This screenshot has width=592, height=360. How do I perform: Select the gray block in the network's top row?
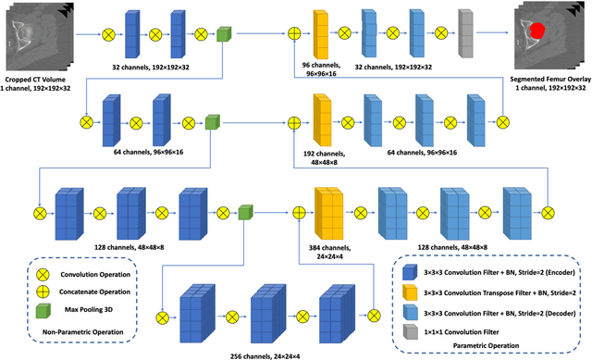pyautogui.click(x=465, y=33)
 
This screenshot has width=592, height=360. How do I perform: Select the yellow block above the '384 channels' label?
pyautogui.click(x=328, y=212)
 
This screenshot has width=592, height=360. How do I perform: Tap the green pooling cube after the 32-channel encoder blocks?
pyautogui.click(x=222, y=34)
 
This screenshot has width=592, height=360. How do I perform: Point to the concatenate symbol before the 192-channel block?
pyautogui.click(x=294, y=121)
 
